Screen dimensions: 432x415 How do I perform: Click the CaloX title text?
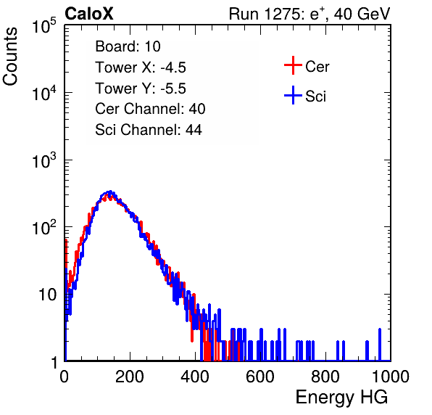click(x=88, y=14)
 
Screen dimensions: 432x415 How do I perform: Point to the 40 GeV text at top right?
click(x=362, y=15)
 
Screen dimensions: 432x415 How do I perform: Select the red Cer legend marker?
click(x=293, y=65)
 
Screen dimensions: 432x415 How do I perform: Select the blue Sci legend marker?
click(x=293, y=95)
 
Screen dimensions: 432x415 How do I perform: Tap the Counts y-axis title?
click(x=10, y=57)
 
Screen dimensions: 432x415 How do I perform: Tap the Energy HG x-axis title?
click(x=341, y=397)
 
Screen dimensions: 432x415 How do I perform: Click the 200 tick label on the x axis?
click(x=130, y=376)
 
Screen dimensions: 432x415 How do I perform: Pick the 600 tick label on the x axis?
click(x=260, y=376)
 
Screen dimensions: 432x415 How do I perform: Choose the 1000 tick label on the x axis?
click(x=391, y=376)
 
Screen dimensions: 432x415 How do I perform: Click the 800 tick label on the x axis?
click(x=325, y=376)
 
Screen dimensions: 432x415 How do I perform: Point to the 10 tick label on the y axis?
click(x=47, y=295)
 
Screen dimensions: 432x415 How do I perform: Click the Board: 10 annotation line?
click(x=128, y=46)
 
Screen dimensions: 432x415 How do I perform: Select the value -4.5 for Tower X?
click(x=173, y=67)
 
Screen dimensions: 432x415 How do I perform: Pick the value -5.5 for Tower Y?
click(x=173, y=89)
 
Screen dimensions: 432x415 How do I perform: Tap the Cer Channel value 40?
click(x=197, y=109)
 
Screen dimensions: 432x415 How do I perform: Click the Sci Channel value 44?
click(x=194, y=130)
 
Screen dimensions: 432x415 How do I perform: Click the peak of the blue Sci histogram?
click(x=110, y=192)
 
